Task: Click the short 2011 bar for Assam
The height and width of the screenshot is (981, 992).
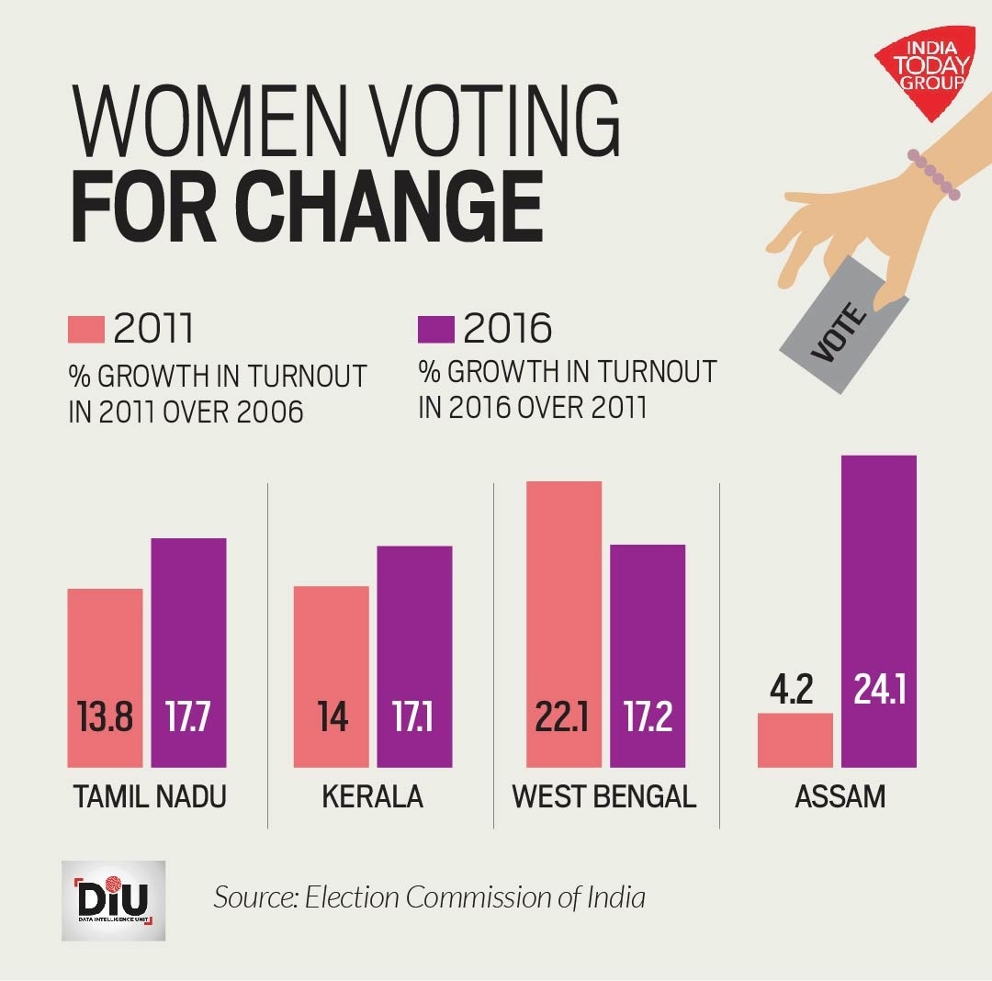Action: point(795,740)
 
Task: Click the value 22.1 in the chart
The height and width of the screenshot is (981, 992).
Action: point(563,717)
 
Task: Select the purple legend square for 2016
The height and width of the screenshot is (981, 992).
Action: point(436,328)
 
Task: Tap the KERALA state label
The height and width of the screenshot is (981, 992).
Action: point(373,796)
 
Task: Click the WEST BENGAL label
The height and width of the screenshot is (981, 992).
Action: point(604,796)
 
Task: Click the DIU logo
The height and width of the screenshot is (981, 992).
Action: point(113,900)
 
